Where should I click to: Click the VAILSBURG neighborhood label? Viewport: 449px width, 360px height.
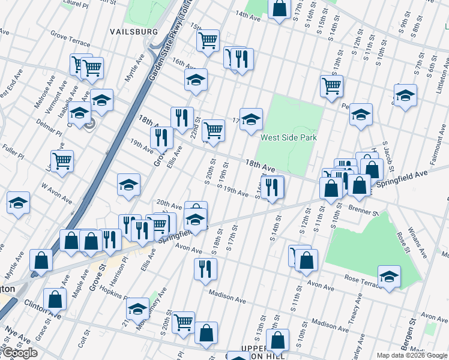[134, 31]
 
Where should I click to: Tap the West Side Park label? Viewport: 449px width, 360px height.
[288, 137]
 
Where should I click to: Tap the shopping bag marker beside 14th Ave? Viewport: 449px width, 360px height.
[280, 8]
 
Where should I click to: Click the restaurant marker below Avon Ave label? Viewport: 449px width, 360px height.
[205, 268]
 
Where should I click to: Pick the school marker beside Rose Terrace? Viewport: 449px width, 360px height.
[390, 276]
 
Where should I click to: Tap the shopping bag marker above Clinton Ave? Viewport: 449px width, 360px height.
[55, 299]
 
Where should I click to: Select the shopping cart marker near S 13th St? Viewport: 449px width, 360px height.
[331, 86]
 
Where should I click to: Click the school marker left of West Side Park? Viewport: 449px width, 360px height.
[251, 118]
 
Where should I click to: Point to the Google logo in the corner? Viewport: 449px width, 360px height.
[19, 353]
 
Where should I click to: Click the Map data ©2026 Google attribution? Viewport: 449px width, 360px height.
[412, 355]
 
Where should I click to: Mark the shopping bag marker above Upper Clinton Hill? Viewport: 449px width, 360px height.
[277, 340]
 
